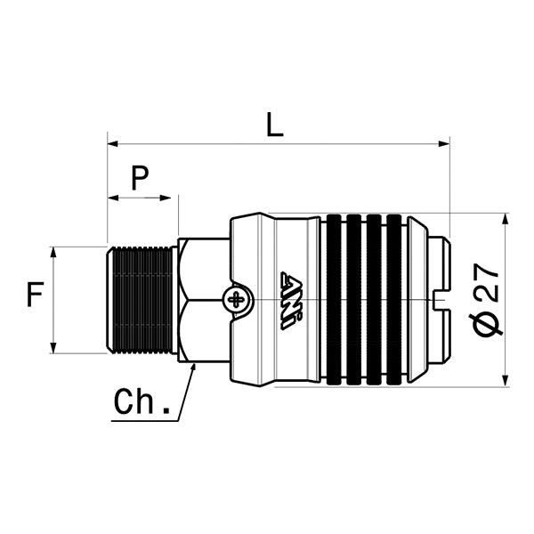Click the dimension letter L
[275, 125]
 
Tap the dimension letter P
[140, 179]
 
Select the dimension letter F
[35, 294]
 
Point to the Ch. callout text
[142, 402]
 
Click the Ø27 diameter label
[488, 300]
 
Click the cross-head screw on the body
[238, 299]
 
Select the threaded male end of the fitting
[142, 299]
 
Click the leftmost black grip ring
[335, 300]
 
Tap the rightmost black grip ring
[395, 300]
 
